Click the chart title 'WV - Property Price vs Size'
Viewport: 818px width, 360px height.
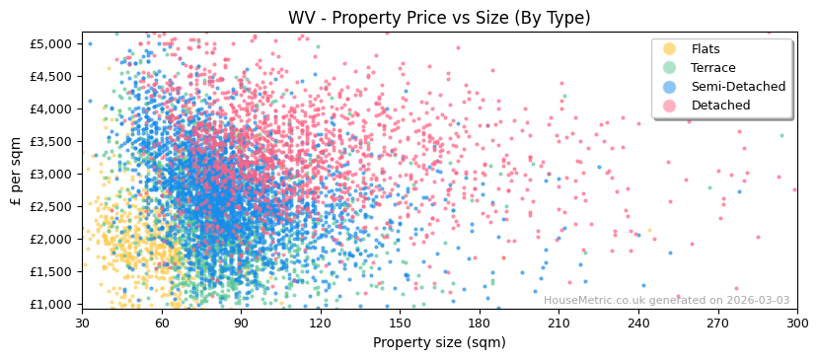pyautogui.click(x=439, y=18)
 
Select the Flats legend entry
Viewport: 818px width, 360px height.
pyautogui.click(x=706, y=49)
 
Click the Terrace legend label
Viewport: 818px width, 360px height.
pyautogui.click(x=713, y=68)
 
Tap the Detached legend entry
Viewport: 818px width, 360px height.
pyautogui.click(x=719, y=106)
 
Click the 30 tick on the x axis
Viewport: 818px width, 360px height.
pyautogui.click(x=82, y=323)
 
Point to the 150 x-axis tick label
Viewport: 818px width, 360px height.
pyautogui.click(x=400, y=323)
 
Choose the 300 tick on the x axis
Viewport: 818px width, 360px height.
pyautogui.click(x=797, y=323)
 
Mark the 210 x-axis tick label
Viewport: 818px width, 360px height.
pyautogui.click(x=558, y=323)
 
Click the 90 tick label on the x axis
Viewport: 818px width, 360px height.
pyautogui.click(x=241, y=323)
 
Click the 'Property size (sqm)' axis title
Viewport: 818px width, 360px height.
pyautogui.click(x=439, y=342)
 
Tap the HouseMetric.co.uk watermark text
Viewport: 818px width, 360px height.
pyautogui.click(x=666, y=301)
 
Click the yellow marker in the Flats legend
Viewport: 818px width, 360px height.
pyautogui.click(x=670, y=49)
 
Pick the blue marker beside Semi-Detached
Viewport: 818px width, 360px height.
pyautogui.click(x=670, y=87)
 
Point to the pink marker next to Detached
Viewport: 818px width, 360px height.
pyautogui.click(x=670, y=106)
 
